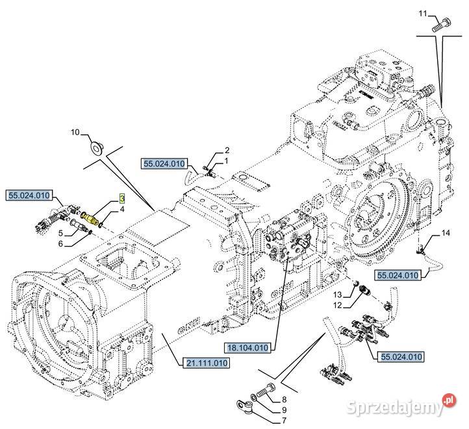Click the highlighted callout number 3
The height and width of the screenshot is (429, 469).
click(x=121, y=197)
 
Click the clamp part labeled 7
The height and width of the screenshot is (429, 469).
click(x=248, y=408)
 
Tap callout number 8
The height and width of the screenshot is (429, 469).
click(x=283, y=400)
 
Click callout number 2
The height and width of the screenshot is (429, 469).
click(x=227, y=151)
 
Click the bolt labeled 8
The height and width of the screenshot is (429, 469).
click(x=262, y=391)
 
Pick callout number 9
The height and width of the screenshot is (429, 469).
click(x=283, y=410)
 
